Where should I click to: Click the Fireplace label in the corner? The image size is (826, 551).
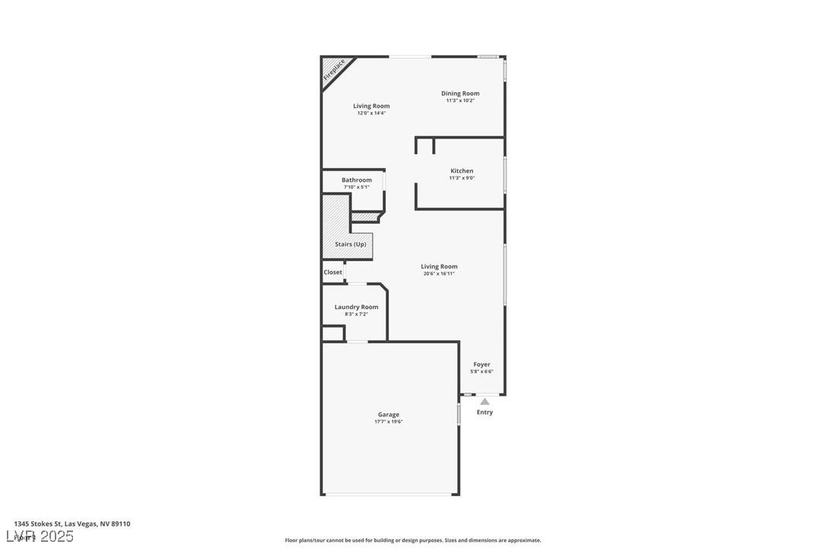click(x=334, y=69)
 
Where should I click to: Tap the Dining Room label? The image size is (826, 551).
click(x=460, y=94)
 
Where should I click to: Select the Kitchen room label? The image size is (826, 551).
click(x=462, y=171)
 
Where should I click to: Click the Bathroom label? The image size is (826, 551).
click(x=356, y=180)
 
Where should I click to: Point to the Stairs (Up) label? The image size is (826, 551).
click(x=350, y=244)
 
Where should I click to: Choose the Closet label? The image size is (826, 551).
click(x=332, y=272)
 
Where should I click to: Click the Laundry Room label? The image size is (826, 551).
click(x=356, y=307)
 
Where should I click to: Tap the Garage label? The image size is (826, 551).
click(x=388, y=415)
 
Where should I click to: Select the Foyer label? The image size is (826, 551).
click(x=481, y=365)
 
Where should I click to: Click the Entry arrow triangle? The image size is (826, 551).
click(x=484, y=401)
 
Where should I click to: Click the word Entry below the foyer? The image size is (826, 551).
click(x=484, y=412)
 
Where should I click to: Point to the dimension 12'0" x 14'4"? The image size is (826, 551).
click(x=371, y=113)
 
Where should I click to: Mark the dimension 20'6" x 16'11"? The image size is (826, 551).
click(x=439, y=274)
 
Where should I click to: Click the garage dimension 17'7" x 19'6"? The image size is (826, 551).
click(x=388, y=422)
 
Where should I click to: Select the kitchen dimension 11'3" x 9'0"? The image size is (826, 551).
click(x=462, y=178)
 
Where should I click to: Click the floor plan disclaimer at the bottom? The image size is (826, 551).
click(x=413, y=540)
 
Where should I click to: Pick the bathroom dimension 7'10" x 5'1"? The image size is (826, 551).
click(x=356, y=187)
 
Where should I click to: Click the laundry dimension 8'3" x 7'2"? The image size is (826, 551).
click(x=356, y=314)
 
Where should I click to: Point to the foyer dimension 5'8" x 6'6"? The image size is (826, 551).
click(x=481, y=371)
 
